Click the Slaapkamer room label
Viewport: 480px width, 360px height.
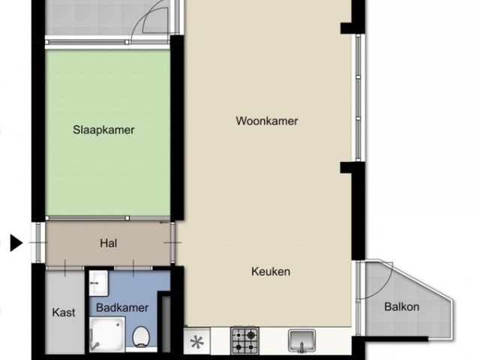pos(103,130)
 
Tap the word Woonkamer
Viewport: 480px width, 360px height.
pos(267,121)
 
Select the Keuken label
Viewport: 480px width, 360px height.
pos(271,272)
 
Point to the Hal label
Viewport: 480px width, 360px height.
pos(108,243)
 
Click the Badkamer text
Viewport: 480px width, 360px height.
pos(121,307)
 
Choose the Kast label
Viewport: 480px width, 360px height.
pos(64,313)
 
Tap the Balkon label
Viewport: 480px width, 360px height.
pos(401,307)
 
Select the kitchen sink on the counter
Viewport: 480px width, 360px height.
pos(302,341)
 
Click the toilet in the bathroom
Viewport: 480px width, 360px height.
pos(140,339)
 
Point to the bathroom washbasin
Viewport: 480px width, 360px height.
pos(98,283)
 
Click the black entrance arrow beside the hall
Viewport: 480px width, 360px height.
pos(16,243)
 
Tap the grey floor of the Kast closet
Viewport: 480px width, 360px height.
pos(63,292)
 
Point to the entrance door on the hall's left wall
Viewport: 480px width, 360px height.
pos(38,243)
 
